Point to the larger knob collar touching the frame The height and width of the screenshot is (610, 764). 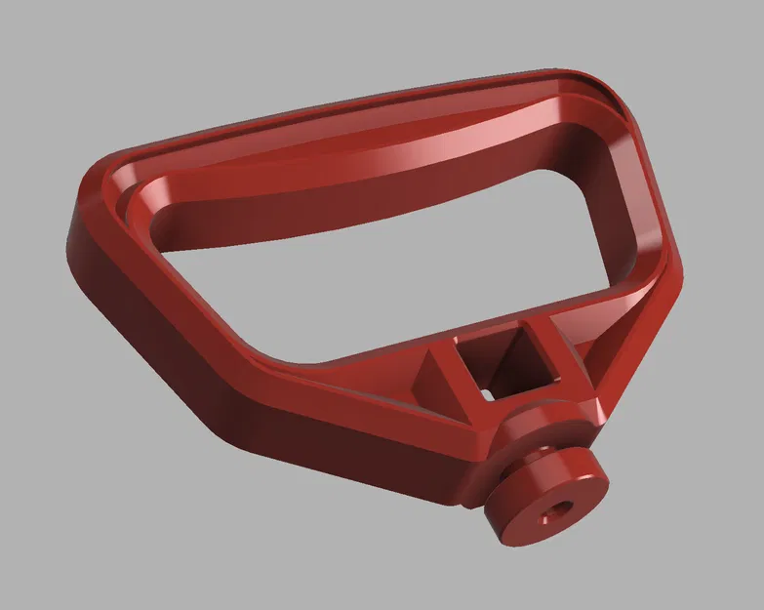click(x=535, y=429)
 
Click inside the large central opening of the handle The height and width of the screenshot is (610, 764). click(x=390, y=254)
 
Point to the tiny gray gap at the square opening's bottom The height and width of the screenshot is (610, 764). click(x=485, y=392)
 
